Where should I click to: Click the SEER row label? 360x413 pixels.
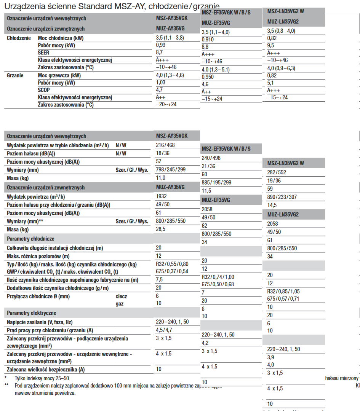43,53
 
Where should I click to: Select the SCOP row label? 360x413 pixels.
44,90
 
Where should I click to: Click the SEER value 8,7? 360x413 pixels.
159,53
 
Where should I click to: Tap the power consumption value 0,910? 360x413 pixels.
208,40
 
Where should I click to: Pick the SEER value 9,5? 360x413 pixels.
271,46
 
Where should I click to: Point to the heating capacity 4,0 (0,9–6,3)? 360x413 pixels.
281,69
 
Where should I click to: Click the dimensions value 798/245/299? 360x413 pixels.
171,170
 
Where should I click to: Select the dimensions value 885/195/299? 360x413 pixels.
216,183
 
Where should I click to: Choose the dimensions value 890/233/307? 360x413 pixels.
282,197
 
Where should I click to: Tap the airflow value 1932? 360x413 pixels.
162,196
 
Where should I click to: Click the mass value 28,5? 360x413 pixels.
161,229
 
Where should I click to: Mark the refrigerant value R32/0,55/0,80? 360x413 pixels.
172,264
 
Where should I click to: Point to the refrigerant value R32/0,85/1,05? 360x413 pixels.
283,291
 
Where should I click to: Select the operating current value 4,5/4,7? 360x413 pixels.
164,330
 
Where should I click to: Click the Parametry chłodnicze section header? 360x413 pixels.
30,239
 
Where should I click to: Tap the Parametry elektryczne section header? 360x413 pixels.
32,313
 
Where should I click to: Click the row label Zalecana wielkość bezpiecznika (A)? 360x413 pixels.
46,369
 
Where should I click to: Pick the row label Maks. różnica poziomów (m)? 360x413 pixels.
38,256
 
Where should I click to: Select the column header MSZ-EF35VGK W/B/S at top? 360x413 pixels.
226,13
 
